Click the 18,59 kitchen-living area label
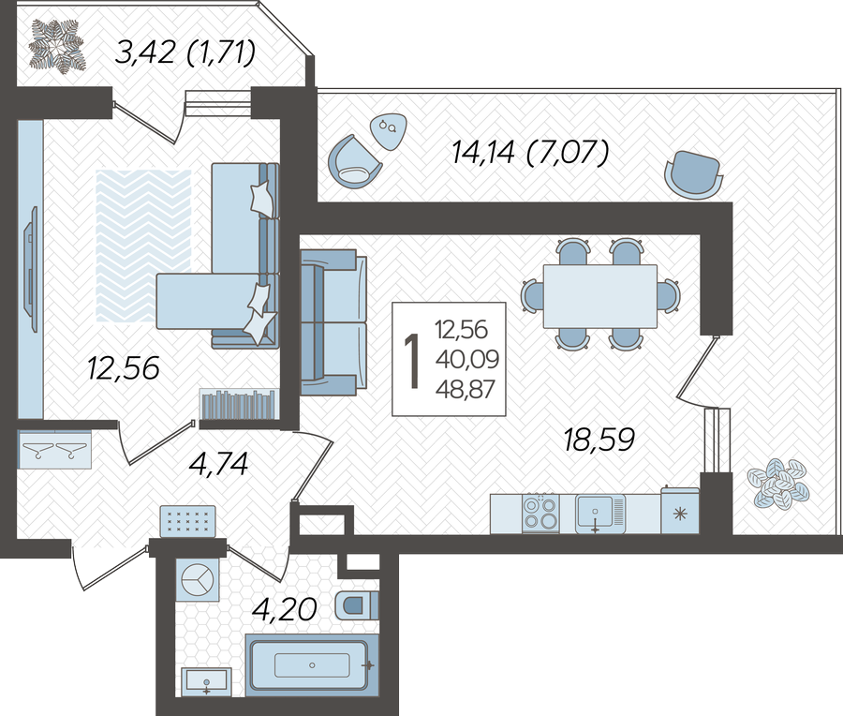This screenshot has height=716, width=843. click(x=599, y=440)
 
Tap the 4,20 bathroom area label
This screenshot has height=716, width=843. click(x=285, y=609)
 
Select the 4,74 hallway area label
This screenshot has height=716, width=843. click(x=218, y=464)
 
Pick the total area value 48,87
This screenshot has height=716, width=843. click(x=465, y=389)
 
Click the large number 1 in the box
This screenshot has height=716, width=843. click(x=412, y=360)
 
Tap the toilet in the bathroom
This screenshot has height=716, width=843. click(x=357, y=605)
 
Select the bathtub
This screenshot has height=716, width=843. click(x=312, y=665)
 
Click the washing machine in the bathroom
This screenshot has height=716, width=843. click(x=198, y=580)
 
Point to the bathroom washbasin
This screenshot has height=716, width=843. click(x=206, y=682)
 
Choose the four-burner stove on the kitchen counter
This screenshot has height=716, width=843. click(x=540, y=514)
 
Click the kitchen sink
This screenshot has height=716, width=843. click(x=600, y=514)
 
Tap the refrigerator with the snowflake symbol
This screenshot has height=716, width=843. click(x=680, y=511)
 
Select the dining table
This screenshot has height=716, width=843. click(x=600, y=296)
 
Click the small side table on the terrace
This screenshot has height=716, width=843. click(x=388, y=130)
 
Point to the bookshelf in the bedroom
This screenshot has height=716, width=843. click(x=239, y=404)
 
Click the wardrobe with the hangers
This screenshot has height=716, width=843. click(x=54, y=449)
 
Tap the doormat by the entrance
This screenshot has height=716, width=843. click(x=187, y=521)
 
